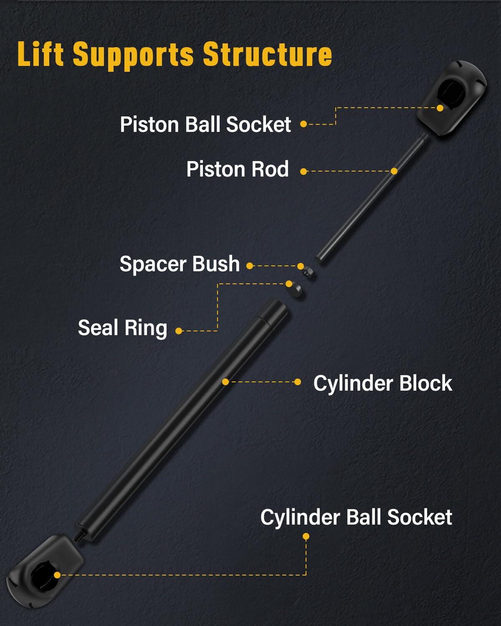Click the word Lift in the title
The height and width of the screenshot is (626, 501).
[40, 54]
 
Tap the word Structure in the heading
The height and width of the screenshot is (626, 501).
[268, 54]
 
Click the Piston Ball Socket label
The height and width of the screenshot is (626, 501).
[205, 124]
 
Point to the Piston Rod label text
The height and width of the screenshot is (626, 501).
[237, 169]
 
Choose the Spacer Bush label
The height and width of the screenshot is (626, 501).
[180, 264]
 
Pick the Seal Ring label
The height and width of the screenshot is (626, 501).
[122, 328]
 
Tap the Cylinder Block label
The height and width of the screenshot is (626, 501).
[382, 384]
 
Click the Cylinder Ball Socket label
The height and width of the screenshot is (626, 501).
[356, 517]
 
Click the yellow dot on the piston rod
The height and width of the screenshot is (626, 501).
[394, 171]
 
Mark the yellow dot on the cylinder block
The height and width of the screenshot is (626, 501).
[225, 382]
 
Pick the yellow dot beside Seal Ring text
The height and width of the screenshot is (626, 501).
[179, 331]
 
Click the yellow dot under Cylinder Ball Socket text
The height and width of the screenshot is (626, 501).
[306, 536]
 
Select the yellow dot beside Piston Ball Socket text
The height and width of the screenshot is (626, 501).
[304, 124]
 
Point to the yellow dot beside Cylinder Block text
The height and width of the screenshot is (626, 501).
[298, 382]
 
